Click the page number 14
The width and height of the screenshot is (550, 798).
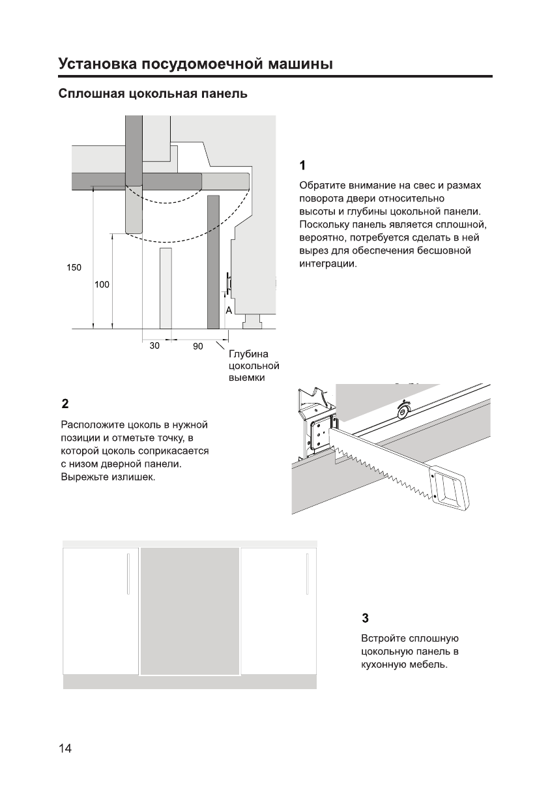[x=65, y=748]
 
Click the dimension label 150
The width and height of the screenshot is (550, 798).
[x=74, y=267]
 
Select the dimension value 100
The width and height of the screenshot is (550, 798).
[x=102, y=284]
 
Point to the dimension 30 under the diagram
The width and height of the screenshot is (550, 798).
[x=154, y=346]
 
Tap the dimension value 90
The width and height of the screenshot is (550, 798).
[x=198, y=347]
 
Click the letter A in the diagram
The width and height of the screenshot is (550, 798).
[x=229, y=311]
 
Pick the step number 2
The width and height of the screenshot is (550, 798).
[x=65, y=402]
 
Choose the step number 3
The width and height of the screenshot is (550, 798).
[x=365, y=617]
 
